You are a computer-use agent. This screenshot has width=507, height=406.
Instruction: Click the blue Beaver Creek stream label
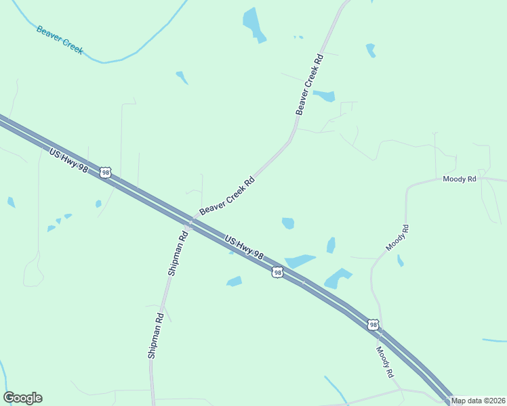click(x=60, y=40)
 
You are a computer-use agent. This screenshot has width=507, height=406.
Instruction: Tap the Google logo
click(x=22, y=398)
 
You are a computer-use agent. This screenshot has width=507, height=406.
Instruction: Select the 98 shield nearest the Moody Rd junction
click(x=373, y=325)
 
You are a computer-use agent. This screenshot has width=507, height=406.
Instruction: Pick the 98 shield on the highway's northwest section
click(x=105, y=173)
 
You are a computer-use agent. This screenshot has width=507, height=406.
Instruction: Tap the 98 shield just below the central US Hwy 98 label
click(x=277, y=272)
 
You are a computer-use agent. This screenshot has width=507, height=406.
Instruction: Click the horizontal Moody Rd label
click(x=460, y=179)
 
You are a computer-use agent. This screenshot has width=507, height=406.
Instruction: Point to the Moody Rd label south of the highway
click(x=385, y=361)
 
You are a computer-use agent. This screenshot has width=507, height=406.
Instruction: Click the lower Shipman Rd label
click(x=155, y=334)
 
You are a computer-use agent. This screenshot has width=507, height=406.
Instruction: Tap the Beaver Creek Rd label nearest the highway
click(x=227, y=197)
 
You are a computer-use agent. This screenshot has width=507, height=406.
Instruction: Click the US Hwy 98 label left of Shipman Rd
click(x=68, y=160)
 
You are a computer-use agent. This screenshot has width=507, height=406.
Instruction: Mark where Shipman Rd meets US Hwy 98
click(x=190, y=222)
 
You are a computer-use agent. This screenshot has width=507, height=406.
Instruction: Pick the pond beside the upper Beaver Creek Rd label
click(x=325, y=95)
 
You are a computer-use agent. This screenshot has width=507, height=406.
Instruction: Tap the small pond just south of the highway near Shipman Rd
click(x=235, y=281)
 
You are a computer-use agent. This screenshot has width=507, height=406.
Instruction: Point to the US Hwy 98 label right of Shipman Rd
click(x=243, y=248)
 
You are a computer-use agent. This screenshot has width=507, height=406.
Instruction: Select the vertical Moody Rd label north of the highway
click(x=398, y=238)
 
